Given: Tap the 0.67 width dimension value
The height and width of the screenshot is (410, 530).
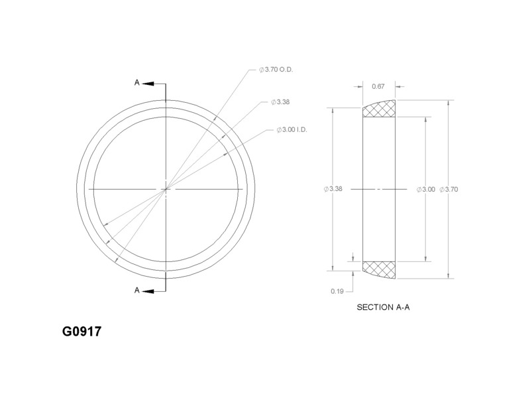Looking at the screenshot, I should [379, 86].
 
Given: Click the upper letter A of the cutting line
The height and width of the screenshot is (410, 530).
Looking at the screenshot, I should [137, 83].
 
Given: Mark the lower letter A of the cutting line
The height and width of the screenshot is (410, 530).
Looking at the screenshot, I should [137, 290].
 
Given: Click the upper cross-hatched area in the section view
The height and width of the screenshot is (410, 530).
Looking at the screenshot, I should [380, 110].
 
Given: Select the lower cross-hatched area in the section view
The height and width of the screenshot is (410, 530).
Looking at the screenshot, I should [380, 269].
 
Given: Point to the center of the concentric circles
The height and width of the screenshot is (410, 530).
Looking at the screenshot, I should [166, 189].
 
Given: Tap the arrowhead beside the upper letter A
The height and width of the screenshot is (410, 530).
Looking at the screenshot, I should [148, 84].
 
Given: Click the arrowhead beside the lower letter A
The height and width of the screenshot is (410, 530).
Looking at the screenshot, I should [148, 290].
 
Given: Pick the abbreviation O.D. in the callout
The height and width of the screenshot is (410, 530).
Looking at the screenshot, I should [288, 70].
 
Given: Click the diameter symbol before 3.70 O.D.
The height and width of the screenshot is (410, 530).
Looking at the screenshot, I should [262, 70].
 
